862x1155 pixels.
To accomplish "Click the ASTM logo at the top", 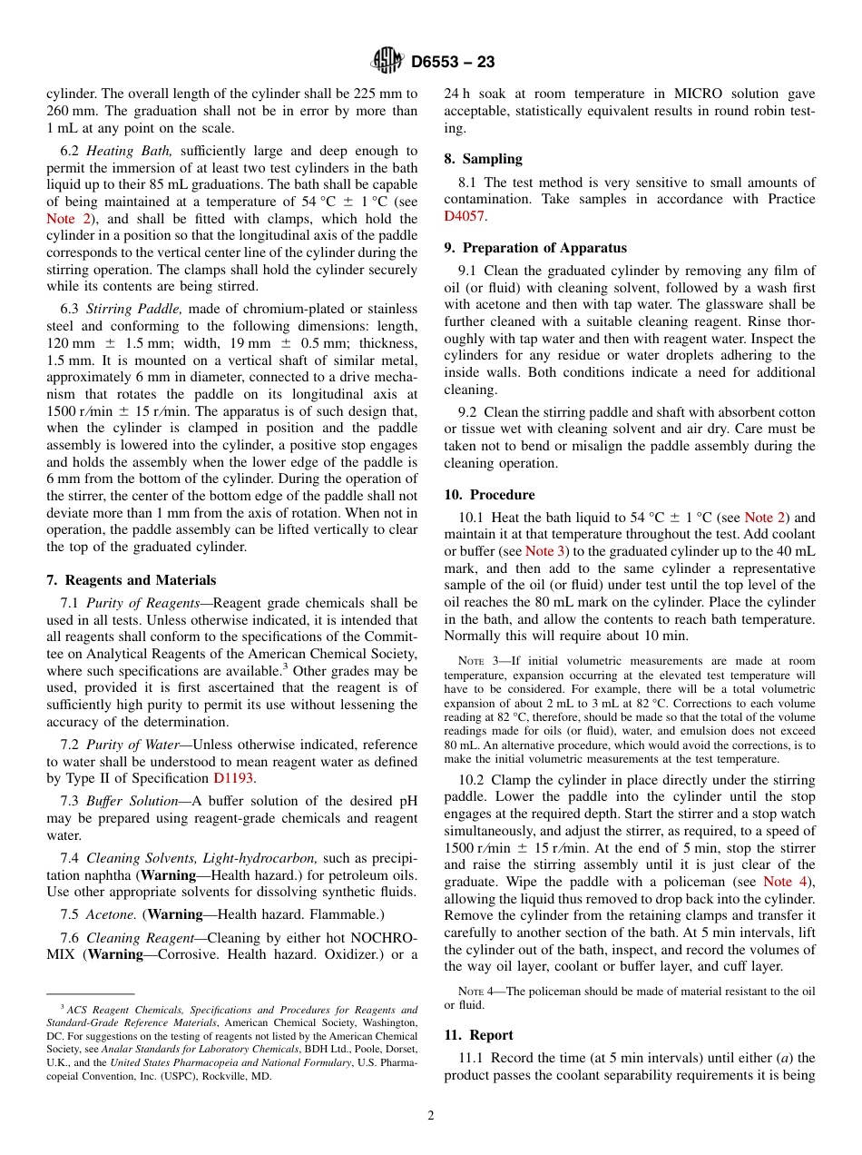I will (x=387, y=61).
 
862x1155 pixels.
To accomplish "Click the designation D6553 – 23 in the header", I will (x=453, y=62).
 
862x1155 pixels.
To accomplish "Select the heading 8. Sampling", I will (x=483, y=159).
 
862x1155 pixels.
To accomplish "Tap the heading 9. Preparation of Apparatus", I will (x=535, y=248).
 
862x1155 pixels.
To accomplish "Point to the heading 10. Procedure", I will (x=489, y=495).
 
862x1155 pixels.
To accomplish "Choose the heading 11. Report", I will (x=478, y=1035).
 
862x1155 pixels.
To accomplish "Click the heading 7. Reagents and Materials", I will (x=131, y=580).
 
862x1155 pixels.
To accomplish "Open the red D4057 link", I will (x=464, y=216).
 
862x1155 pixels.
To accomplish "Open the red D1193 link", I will (x=233, y=778).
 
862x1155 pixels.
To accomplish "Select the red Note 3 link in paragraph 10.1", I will (x=545, y=551).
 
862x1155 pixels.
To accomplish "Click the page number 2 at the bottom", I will (x=431, y=1116).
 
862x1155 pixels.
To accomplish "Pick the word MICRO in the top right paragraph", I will (x=668, y=94).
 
